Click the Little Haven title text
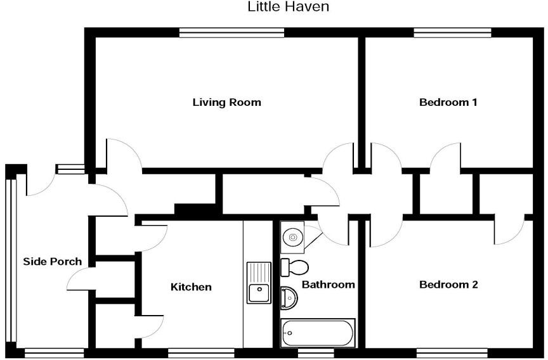coord(289,8)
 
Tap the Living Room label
coord(226,102)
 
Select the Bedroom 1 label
coord(448,102)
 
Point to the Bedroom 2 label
coord(448,285)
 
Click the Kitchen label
coord(191,287)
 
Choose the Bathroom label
coord(328,285)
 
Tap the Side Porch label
coord(52,261)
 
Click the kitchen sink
coord(258,292)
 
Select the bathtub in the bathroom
coord(318,333)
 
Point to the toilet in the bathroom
coord(296,267)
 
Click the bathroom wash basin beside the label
coord(289,298)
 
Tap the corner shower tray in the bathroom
coord(292,238)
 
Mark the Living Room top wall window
coord(231,32)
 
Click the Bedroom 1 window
coord(452,32)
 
